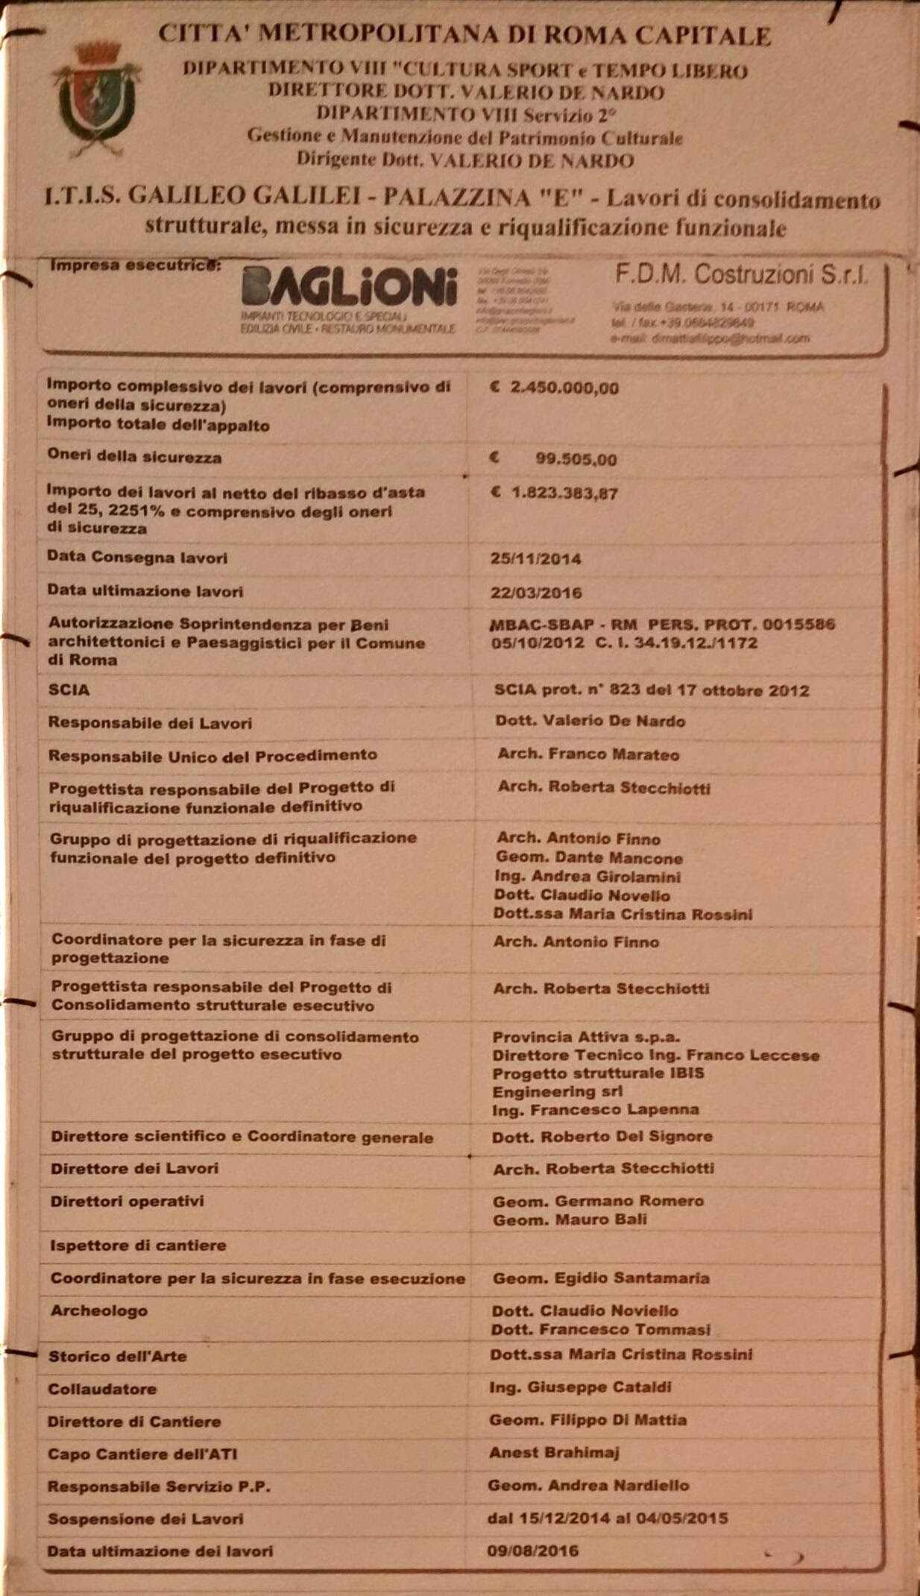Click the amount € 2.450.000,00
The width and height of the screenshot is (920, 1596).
(x=555, y=388)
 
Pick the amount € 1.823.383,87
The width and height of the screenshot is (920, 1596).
(x=555, y=493)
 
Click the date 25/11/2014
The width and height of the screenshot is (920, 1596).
(x=536, y=558)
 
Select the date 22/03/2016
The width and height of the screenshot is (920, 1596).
(x=536, y=593)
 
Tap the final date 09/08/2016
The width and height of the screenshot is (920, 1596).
(x=533, y=1551)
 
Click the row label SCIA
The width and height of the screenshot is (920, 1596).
(x=69, y=690)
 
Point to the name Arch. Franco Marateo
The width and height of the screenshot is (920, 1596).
(x=588, y=754)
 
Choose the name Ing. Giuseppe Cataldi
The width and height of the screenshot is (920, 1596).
(x=580, y=1387)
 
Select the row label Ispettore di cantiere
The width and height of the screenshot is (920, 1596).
(x=138, y=1245)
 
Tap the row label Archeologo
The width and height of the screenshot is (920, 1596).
(x=98, y=1310)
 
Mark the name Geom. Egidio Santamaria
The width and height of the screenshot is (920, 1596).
(x=601, y=1278)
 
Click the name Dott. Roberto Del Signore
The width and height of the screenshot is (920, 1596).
(x=602, y=1136)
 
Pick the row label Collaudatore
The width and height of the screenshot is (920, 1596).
(x=102, y=1388)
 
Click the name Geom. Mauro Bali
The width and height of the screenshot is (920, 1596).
(x=570, y=1220)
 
